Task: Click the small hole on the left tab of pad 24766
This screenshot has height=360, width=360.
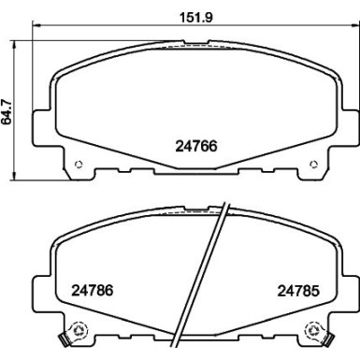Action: (79, 167)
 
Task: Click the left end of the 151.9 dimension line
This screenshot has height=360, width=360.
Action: (33, 27)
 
